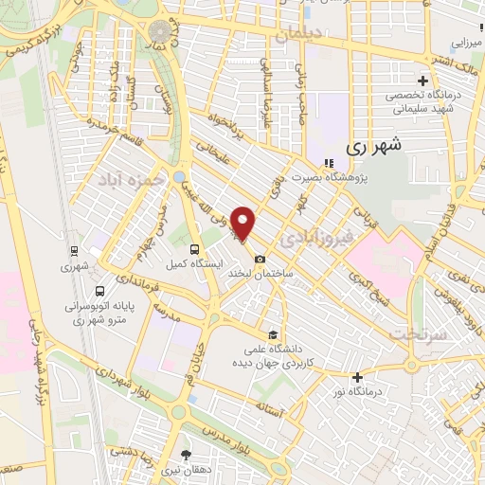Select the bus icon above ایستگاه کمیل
coord(193,249)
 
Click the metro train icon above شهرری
coord(74,251)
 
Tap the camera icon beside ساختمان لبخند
coord(260,258)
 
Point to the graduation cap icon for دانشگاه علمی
coord(273,333)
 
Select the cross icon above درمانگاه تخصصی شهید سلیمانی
coord(422,81)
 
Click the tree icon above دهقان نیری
coord(186,454)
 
